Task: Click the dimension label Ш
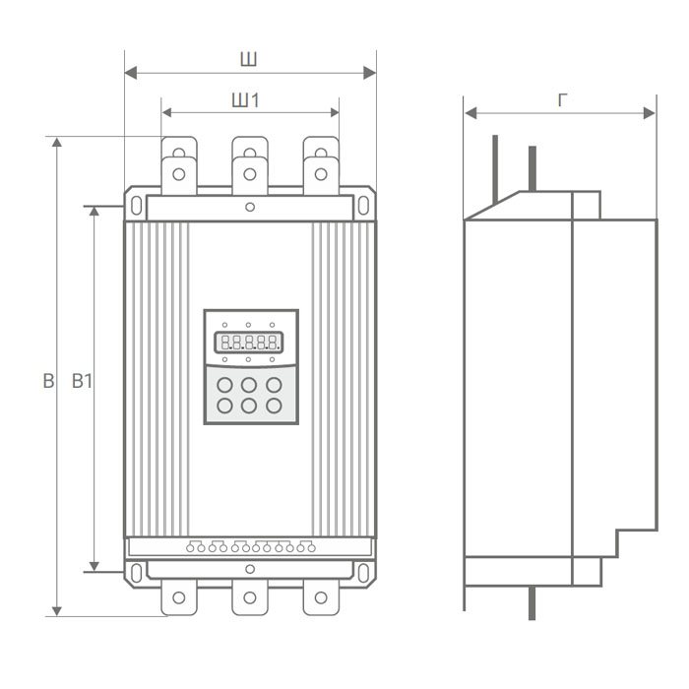pos(249,60)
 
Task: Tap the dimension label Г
pos(562,100)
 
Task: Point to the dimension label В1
pos(83,382)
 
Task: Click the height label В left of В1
pos(47,382)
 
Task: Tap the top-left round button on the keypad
pos(225,385)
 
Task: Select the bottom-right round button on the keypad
pos(274,406)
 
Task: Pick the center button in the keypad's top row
pos(250,385)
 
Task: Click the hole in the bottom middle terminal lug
pos(250,597)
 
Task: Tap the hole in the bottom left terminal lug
pos(179,597)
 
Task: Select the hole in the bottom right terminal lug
pos(320,597)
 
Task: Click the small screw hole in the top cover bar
pos(250,207)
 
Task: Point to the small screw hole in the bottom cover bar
pos(250,569)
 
